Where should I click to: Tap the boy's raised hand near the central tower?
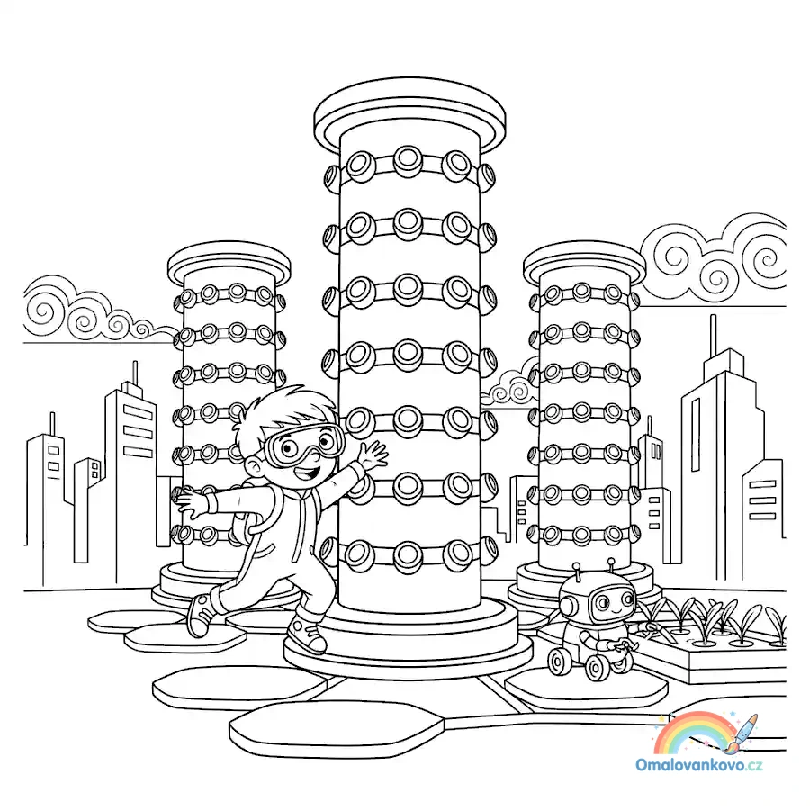click(373, 455)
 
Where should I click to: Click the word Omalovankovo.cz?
click(699, 765)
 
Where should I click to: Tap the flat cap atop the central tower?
click(409, 117)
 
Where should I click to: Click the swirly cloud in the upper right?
click(715, 258)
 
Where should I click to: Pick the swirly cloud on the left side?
click(93, 310)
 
